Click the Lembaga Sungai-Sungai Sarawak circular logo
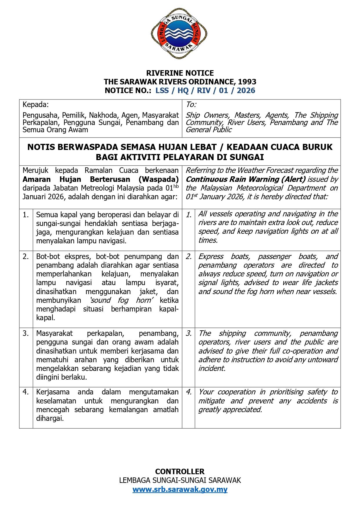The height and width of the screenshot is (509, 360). (x=180, y=34)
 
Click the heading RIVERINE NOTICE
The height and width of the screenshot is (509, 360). (x=180, y=73)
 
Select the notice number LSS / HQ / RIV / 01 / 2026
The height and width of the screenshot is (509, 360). (x=205, y=90)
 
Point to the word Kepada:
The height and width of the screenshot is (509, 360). (x=36, y=104)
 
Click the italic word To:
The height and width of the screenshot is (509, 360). (x=191, y=104)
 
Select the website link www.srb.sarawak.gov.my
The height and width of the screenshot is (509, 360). (x=180, y=490)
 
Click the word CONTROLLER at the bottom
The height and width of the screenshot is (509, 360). (x=180, y=471)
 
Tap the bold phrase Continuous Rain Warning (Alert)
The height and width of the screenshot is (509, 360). (x=246, y=179)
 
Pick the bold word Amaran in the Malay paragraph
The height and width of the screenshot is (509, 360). (x=37, y=179)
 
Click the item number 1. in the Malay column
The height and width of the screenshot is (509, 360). (x=26, y=215)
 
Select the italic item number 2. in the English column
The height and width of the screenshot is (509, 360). (x=189, y=257)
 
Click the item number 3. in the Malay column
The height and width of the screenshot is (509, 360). (x=26, y=334)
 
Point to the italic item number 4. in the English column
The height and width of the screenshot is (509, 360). (x=189, y=392)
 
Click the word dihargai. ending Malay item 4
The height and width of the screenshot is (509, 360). (x=50, y=419)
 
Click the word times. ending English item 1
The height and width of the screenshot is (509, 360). (x=208, y=240)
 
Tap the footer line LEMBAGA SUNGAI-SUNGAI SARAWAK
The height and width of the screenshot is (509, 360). (x=180, y=481)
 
